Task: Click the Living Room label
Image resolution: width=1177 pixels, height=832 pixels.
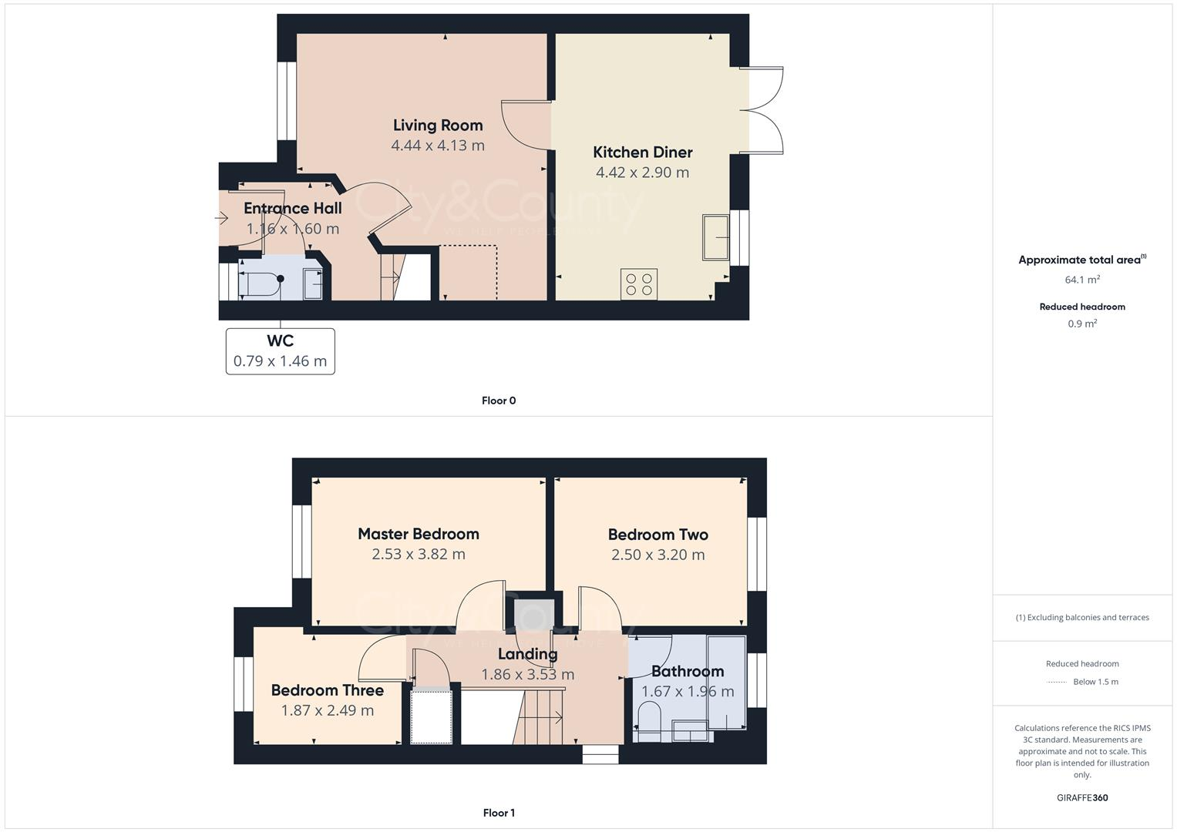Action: click(x=438, y=125)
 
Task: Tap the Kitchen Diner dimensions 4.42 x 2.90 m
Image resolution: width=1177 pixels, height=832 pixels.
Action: click(x=642, y=173)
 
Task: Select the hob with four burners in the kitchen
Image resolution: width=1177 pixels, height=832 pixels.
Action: click(x=639, y=284)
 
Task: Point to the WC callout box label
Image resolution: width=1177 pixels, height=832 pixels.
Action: click(x=280, y=341)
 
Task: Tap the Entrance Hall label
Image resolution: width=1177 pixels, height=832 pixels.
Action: click(x=292, y=208)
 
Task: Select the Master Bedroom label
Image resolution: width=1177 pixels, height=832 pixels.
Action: click(x=418, y=534)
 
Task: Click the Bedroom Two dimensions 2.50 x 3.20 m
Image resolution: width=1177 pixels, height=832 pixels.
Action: click(x=657, y=555)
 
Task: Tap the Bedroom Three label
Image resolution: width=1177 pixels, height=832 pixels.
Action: click(x=327, y=690)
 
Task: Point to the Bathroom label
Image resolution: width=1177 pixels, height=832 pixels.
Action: click(x=687, y=671)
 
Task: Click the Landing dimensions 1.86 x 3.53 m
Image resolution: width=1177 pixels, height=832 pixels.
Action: click(x=527, y=675)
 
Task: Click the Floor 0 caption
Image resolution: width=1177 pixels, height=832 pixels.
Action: click(x=499, y=401)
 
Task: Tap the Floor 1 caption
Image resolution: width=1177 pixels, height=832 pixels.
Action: click(x=499, y=813)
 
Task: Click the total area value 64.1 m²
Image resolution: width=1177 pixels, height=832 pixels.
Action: click(x=1081, y=280)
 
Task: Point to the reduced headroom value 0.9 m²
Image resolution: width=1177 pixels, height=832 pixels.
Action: click(x=1081, y=324)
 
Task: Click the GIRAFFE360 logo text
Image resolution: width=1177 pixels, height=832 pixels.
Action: click(x=1081, y=797)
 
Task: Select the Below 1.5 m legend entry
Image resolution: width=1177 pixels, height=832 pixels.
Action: click(x=1095, y=682)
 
